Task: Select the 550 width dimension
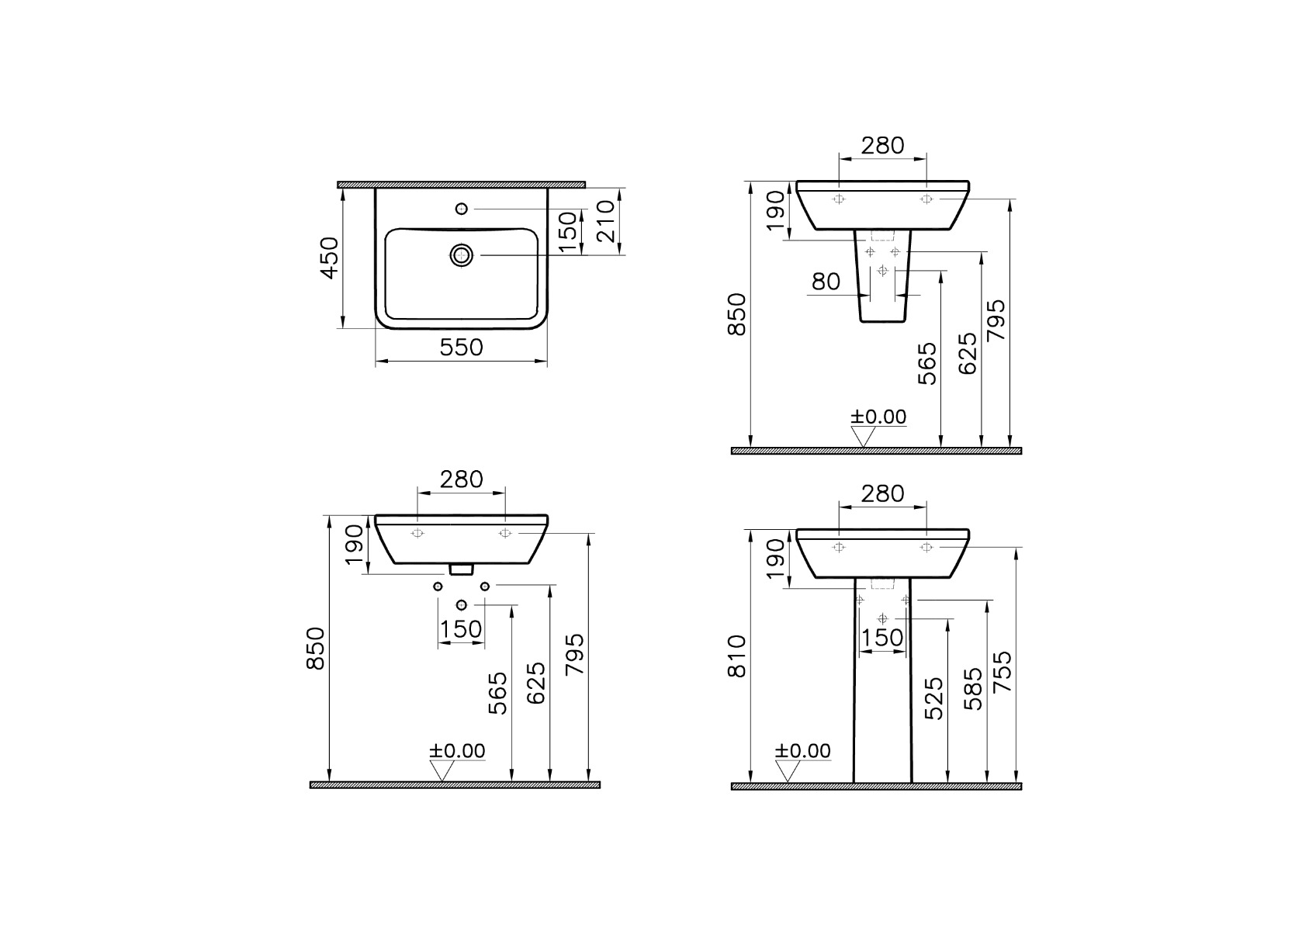[461, 348]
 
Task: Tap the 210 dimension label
[604, 221]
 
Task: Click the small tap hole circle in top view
[462, 209]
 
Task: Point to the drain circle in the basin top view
[462, 255]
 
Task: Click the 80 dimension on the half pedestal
[826, 282]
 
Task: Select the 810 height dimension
[736, 656]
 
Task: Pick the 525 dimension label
[934, 698]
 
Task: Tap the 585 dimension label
[974, 689]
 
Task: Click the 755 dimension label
[1003, 671]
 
